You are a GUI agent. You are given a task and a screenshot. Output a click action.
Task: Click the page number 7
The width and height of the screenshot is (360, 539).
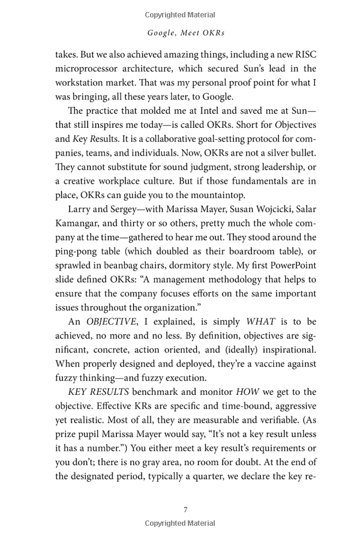pyautogui.click(x=185, y=510)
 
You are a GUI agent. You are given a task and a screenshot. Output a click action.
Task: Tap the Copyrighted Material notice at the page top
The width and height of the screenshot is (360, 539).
pyautogui.click(x=180, y=14)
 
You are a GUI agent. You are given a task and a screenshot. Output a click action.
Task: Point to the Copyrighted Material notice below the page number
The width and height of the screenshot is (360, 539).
pyautogui.click(x=180, y=523)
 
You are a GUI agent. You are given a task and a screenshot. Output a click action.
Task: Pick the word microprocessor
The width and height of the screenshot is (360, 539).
pyautogui.click(x=89, y=68)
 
